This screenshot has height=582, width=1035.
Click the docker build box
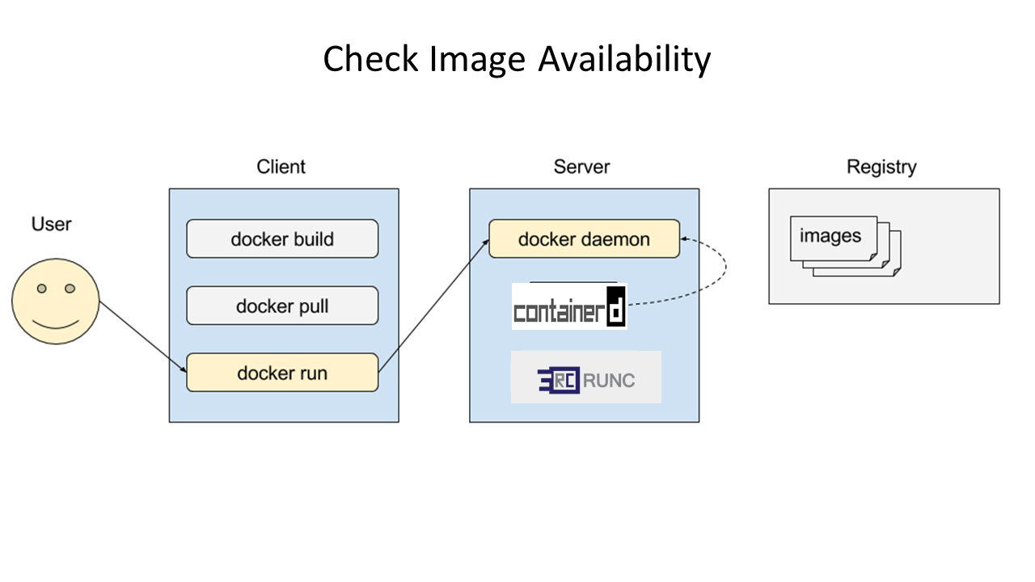[x=282, y=238]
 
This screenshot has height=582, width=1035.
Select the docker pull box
[x=282, y=306]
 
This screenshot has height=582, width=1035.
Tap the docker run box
[x=282, y=373]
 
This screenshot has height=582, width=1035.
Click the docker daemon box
[x=584, y=238]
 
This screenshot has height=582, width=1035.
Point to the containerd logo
[x=569, y=306]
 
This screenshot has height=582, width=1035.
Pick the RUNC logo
[x=586, y=377]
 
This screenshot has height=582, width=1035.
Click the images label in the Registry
[x=830, y=236]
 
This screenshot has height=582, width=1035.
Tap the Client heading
[x=281, y=167]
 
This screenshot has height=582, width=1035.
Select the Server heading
[x=581, y=167]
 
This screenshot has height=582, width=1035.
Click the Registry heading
[x=881, y=167]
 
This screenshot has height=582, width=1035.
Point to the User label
[x=51, y=224]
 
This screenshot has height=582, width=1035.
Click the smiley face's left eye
[x=41, y=289]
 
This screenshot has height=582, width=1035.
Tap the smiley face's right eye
[x=70, y=289]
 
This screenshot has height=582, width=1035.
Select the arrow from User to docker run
[x=143, y=337]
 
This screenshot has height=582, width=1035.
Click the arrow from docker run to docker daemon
[x=433, y=306]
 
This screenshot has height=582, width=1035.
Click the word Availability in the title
[x=625, y=59]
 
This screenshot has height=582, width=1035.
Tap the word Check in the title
[x=370, y=59]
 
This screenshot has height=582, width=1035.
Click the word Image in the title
[x=477, y=60]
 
